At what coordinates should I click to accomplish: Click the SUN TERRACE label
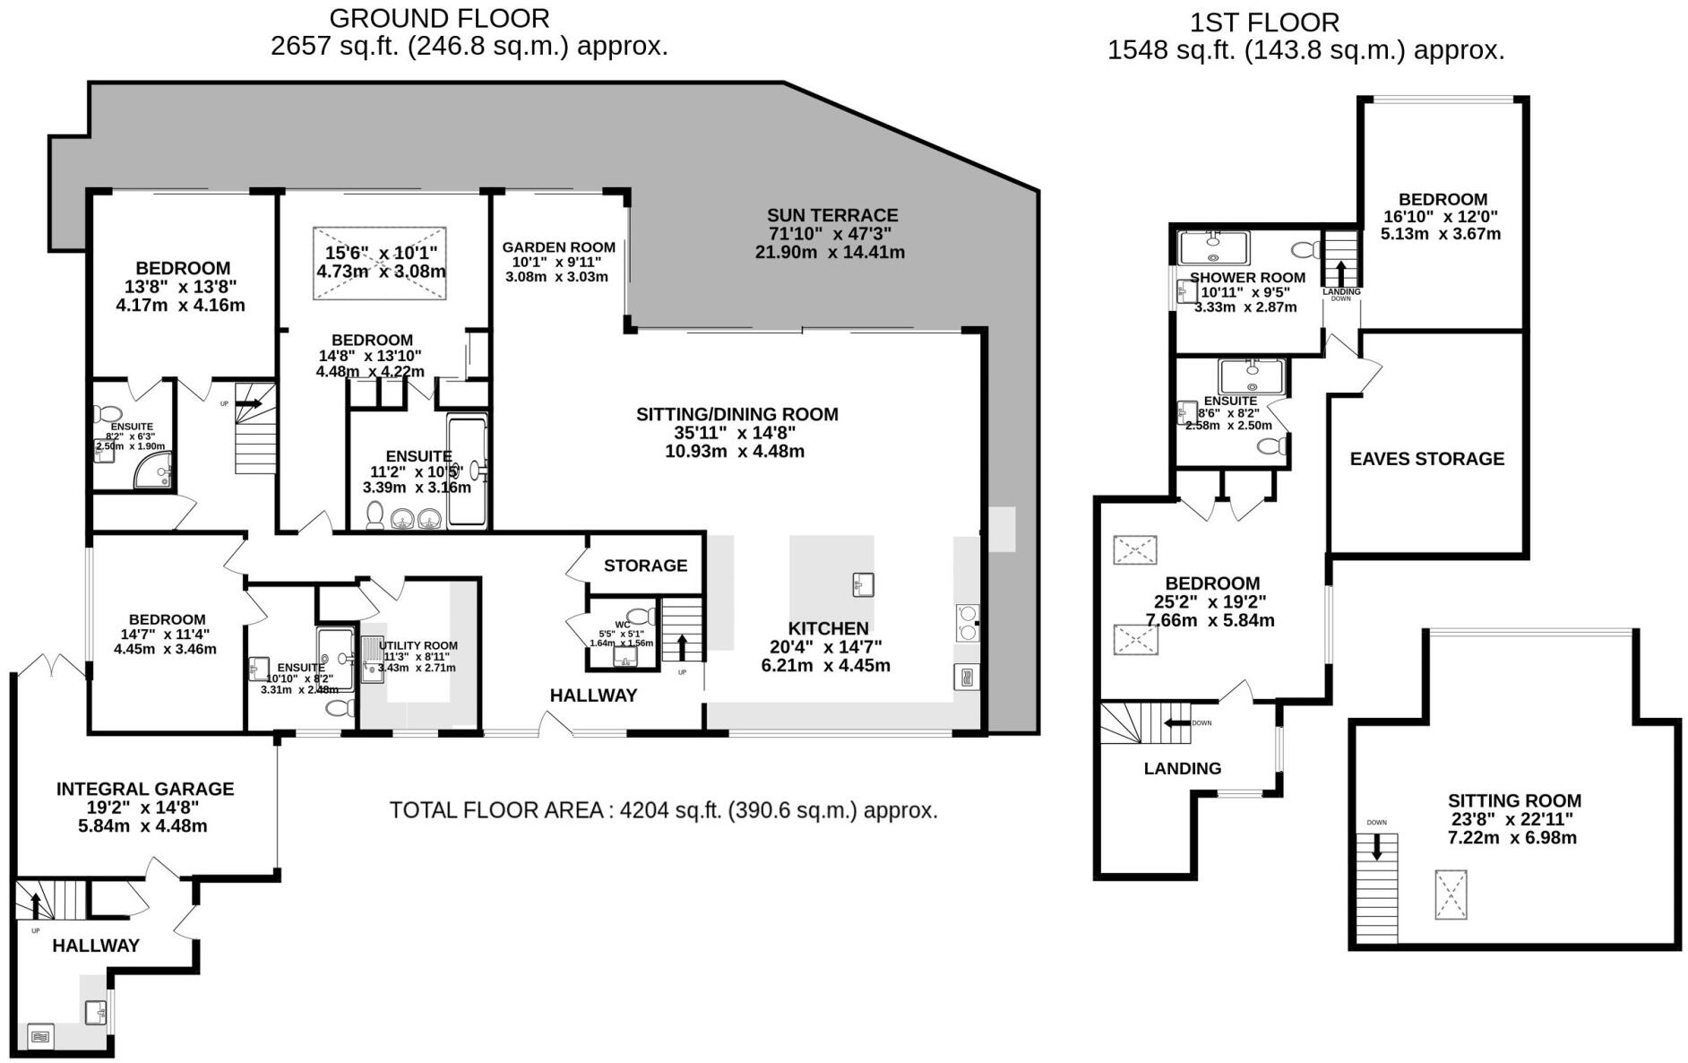[831, 215]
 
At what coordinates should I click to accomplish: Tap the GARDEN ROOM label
[558, 247]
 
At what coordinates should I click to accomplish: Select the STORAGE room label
[645, 566]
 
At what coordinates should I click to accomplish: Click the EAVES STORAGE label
[1426, 459]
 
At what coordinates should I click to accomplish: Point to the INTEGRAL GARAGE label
[145, 789]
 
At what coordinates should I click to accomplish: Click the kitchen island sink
[863, 584]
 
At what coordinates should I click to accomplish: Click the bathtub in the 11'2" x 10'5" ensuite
[468, 471]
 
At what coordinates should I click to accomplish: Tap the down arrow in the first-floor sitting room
[1377, 846]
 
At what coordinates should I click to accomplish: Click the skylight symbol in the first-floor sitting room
[1451, 894]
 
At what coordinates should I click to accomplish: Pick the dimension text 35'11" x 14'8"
[735, 433]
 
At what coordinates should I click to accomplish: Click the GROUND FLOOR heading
[439, 18]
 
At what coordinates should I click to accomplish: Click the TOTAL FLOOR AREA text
[663, 810]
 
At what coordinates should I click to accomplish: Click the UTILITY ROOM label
[418, 645]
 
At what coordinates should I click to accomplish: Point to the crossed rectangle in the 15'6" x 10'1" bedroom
[380, 264]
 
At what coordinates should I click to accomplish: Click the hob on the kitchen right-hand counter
[968, 622]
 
